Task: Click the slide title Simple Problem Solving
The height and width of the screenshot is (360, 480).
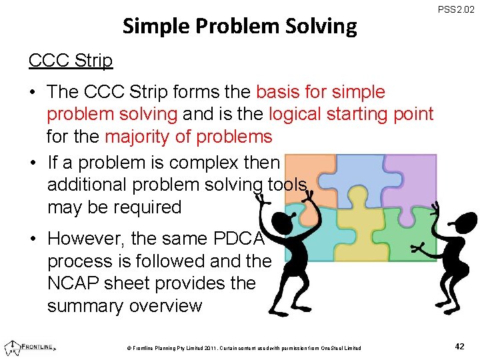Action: tap(240, 27)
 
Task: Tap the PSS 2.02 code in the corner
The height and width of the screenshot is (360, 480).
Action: tap(456, 10)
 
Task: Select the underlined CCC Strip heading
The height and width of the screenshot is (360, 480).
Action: tap(71, 60)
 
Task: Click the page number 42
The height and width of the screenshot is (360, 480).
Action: tap(459, 346)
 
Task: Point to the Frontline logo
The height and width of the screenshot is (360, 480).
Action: tap(30, 347)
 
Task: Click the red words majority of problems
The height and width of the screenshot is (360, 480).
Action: tap(189, 137)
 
